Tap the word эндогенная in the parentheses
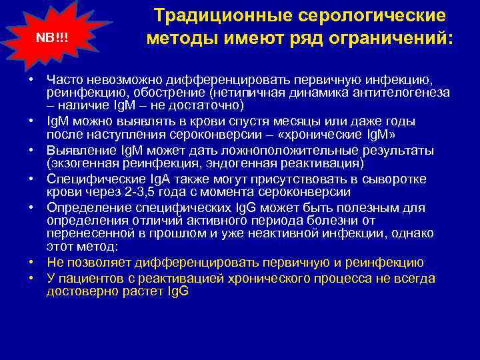coord(238,163)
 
